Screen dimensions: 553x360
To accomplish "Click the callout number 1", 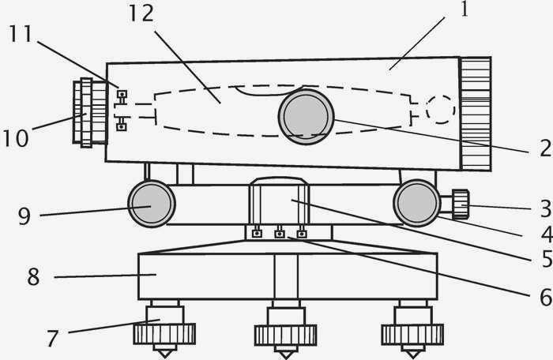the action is [465, 9].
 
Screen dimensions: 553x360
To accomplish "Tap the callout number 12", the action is [141, 13].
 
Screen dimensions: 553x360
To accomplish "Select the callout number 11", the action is [21, 34].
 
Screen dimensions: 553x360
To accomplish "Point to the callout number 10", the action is [16, 138].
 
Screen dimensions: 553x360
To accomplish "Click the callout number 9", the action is [24, 216].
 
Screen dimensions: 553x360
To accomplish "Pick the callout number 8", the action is [33, 277].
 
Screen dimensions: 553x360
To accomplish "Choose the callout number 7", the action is [52, 338].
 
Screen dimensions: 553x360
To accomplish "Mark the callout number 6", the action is [546, 298].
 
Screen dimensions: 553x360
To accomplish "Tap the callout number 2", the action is [546, 148].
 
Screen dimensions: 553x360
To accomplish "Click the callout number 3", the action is [546, 208].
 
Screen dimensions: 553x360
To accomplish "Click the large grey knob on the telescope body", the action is [307, 117].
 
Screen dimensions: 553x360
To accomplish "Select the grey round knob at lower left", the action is [152, 204].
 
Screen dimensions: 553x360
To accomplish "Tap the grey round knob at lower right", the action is [417, 203].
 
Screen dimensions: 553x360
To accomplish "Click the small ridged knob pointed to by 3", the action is [461, 204].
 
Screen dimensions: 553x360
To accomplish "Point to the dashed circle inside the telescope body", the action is [440, 109].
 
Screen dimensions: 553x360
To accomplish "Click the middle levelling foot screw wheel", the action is [286, 335].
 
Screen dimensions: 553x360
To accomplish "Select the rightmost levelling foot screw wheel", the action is [412, 335].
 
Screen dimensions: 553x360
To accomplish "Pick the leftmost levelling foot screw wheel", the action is [164, 334].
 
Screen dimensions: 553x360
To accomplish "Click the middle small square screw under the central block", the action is [280, 234].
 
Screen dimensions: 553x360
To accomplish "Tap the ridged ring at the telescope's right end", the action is [476, 114].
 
